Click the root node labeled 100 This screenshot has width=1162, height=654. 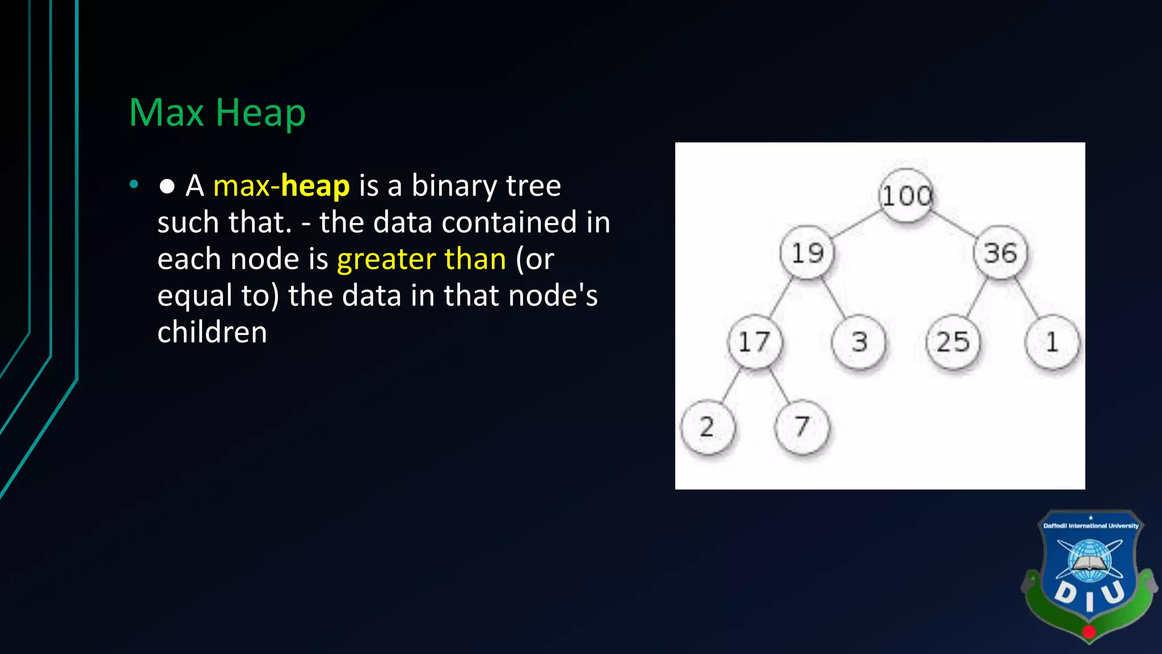(906, 196)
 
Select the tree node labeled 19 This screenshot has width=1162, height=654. (807, 253)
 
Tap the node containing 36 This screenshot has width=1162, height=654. (1000, 253)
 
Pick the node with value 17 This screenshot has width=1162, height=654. (754, 342)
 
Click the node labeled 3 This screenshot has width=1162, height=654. (859, 342)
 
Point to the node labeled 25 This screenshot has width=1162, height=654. (953, 342)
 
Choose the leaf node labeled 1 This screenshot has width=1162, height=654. (1052, 342)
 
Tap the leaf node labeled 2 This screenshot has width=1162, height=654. (707, 427)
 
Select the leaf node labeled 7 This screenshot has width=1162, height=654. (801, 427)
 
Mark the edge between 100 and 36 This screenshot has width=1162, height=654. (954, 224)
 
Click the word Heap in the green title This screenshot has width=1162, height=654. (260, 113)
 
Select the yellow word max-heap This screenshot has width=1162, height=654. (281, 186)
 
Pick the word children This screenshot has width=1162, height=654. (212, 332)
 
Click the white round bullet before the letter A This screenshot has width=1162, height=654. (167, 186)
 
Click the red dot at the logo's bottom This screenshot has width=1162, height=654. (1089, 631)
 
